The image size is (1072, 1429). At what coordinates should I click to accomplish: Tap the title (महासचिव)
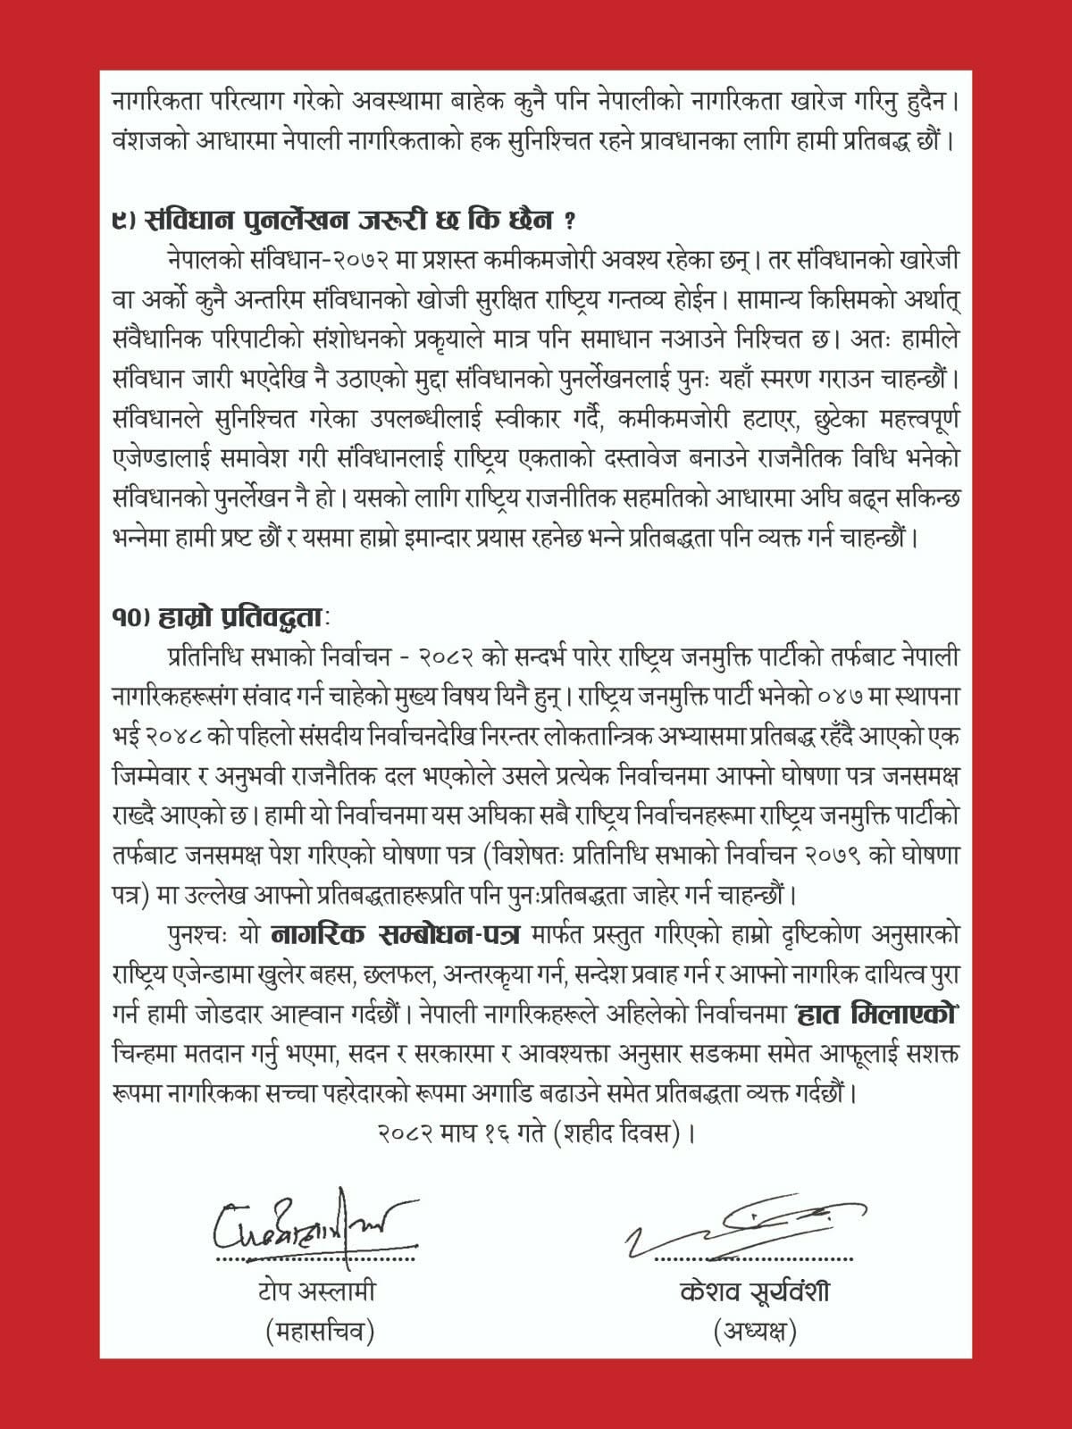319,1332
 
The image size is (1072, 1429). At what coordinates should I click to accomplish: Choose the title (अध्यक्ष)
755,1332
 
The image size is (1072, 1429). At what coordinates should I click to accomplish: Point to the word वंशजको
150,140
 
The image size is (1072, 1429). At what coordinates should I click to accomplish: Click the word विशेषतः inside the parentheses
524,855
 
